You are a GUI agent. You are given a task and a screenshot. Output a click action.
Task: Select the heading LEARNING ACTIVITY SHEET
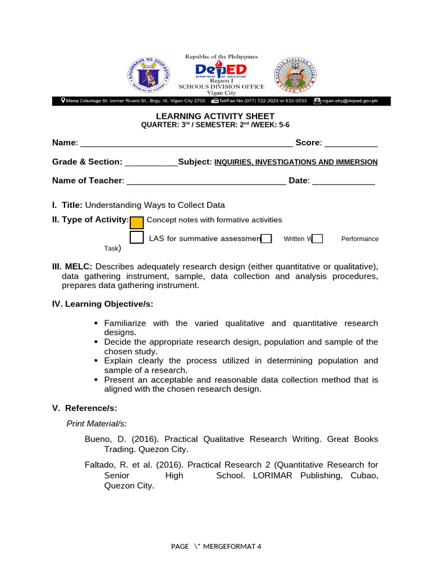[x=215, y=116]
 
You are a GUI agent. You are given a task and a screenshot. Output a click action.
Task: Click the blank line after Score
[x=351, y=144]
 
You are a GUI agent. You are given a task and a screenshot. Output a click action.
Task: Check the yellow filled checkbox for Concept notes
[x=136, y=222]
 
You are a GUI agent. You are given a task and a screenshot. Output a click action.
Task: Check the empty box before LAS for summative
[x=136, y=238]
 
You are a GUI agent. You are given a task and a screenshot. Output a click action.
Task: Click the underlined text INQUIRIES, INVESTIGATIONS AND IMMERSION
[x=296, y=162]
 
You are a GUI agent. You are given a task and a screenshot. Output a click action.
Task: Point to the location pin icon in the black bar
[x=63, y=101]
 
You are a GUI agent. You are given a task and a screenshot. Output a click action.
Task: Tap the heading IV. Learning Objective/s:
[x=103, y=304]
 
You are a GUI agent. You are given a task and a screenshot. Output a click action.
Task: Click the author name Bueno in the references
[x=97, y=439]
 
